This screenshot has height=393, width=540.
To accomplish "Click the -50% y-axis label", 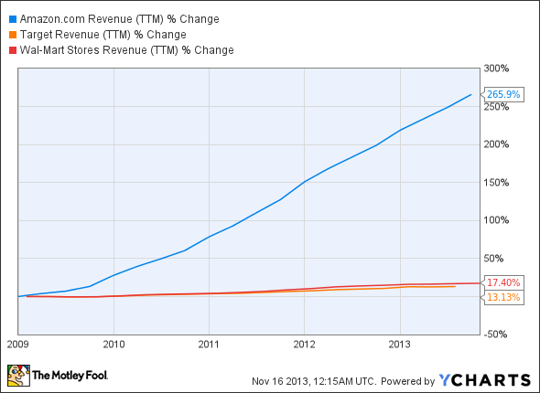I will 499,335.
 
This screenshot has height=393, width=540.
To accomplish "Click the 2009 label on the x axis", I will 17,345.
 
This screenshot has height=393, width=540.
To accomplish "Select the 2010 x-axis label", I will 113,345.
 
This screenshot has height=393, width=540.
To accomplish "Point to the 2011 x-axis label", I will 209,345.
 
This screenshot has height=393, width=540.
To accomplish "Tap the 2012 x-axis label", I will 304,345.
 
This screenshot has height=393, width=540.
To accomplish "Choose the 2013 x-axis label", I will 399,345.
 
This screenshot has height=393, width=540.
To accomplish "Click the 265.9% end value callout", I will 504,94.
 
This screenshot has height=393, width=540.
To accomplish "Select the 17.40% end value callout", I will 504,283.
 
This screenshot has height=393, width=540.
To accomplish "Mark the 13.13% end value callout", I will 504,297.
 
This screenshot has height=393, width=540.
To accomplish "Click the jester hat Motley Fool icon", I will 17,375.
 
